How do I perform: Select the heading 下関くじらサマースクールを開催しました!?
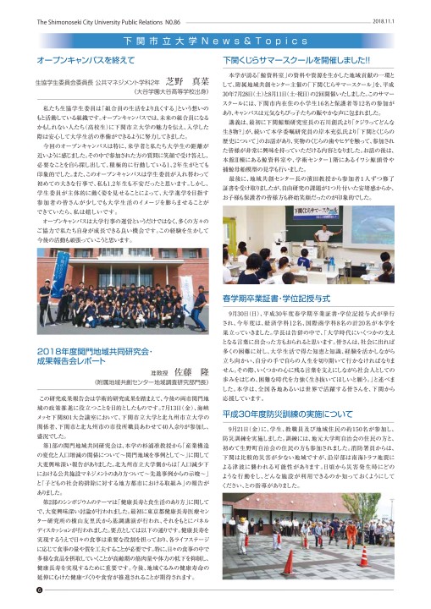pos(293,61)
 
